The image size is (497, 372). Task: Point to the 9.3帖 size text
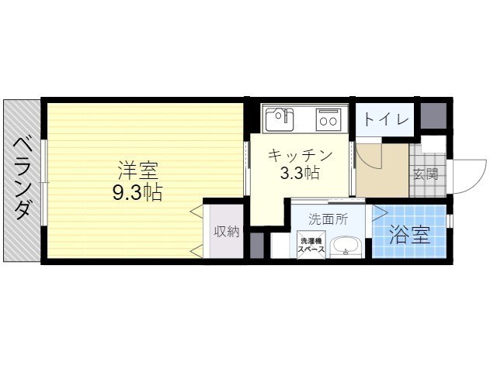pos(137,192)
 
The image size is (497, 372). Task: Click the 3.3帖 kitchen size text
pos(300,173)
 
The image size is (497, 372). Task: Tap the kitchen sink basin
pos(280,119)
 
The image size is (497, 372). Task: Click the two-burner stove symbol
pos(328,119)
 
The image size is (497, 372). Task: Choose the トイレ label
pos(385,119)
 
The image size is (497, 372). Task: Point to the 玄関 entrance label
pos(426,174)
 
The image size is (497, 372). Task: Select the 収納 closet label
pos(227,232)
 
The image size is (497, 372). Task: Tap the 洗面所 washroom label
pos(328,219)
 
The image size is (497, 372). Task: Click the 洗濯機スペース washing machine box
pos(311,245)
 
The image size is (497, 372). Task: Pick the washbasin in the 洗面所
pos(346,247)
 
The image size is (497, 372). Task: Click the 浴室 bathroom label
pos(409,235)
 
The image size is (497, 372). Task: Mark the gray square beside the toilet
pos(433,115)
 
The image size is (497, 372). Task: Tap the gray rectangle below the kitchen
pos(257,245)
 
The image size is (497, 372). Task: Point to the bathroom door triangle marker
pos(380,213)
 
